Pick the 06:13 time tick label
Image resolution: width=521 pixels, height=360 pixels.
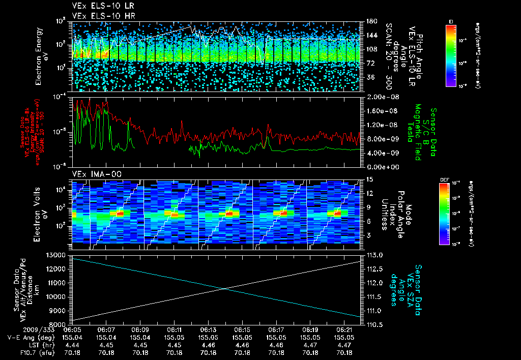208,331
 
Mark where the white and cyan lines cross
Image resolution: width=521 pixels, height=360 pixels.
224,289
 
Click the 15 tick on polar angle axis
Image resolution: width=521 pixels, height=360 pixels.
368,179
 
